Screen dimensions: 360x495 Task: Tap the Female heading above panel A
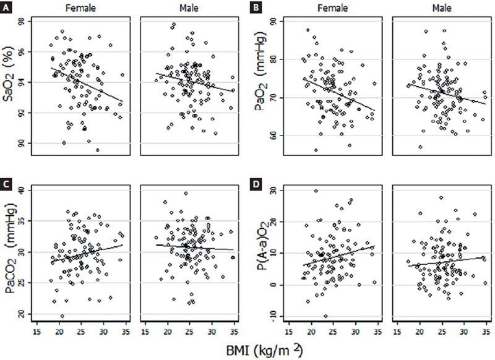point(85,8)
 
